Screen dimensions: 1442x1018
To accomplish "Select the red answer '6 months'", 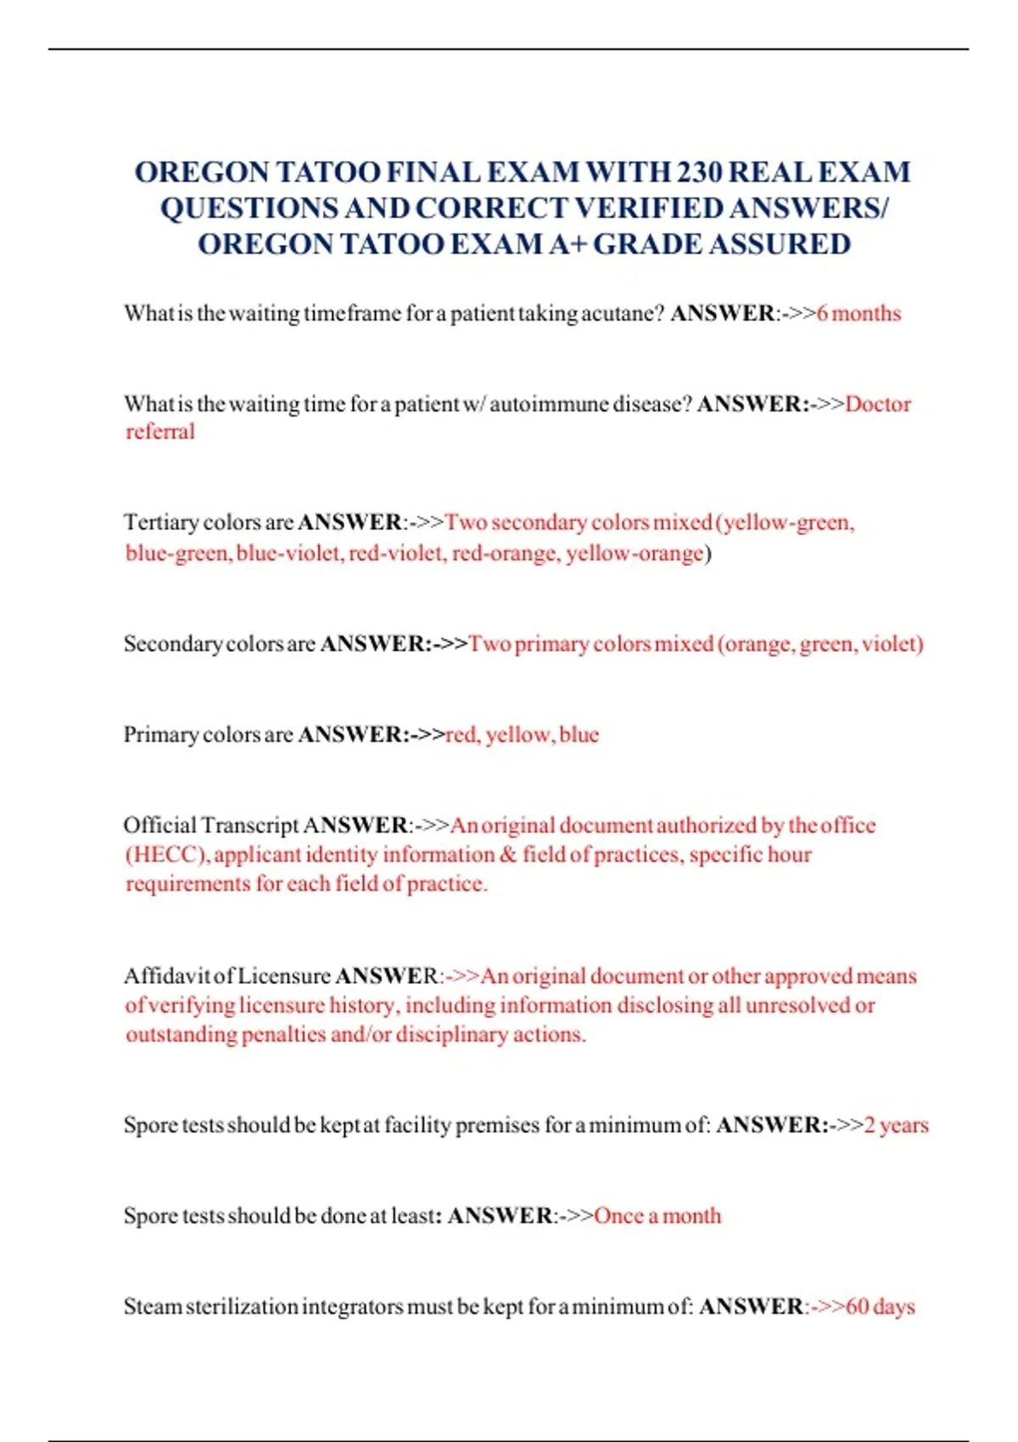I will [x=859, y=314].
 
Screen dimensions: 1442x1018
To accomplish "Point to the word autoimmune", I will [x=548, y=404].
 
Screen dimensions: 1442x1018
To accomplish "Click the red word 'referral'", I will [x=160, y=432].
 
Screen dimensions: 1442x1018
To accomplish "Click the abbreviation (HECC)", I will [x=167, y=854].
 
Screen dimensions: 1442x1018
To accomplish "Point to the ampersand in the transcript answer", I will [x=508, y=854].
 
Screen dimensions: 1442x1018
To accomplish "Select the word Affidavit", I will [x=167, y=976].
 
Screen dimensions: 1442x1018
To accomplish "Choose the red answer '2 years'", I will [x=896, y=1126].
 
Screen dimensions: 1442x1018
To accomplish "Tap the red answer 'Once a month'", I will [x=657, y=1216].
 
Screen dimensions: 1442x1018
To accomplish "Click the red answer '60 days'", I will [x=881, y=1307].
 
